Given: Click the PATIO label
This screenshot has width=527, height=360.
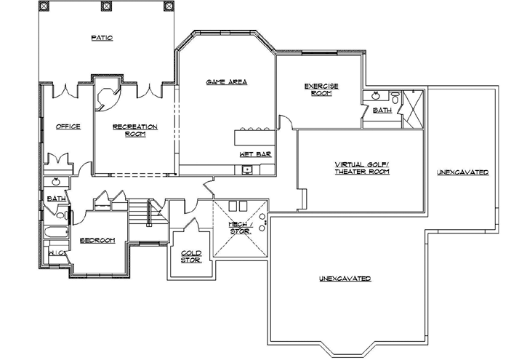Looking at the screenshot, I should pos(102,37).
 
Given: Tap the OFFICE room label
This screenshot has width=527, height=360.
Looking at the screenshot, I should pos(68,127).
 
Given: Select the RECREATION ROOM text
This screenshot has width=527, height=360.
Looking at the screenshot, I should pos(135,130).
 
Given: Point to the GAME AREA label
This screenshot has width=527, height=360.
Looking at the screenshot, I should pos(227,82).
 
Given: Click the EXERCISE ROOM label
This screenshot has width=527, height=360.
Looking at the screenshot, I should pos(321,89).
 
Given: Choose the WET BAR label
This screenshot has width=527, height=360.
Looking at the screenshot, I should pos(250,155).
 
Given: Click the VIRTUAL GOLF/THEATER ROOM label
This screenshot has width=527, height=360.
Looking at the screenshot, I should pos(362,168).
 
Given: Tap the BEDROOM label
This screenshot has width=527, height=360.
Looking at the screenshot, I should pos(97,241).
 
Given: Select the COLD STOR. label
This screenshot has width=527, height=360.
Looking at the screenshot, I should pos(191,256).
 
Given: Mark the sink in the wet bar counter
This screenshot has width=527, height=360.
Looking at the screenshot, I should pos(248,170).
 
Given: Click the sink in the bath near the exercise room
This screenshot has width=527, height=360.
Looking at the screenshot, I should pos(376,95).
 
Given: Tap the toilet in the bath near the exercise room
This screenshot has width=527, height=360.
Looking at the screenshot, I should pos(395,96).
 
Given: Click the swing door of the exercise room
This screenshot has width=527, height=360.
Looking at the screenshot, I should pos(286,124).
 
